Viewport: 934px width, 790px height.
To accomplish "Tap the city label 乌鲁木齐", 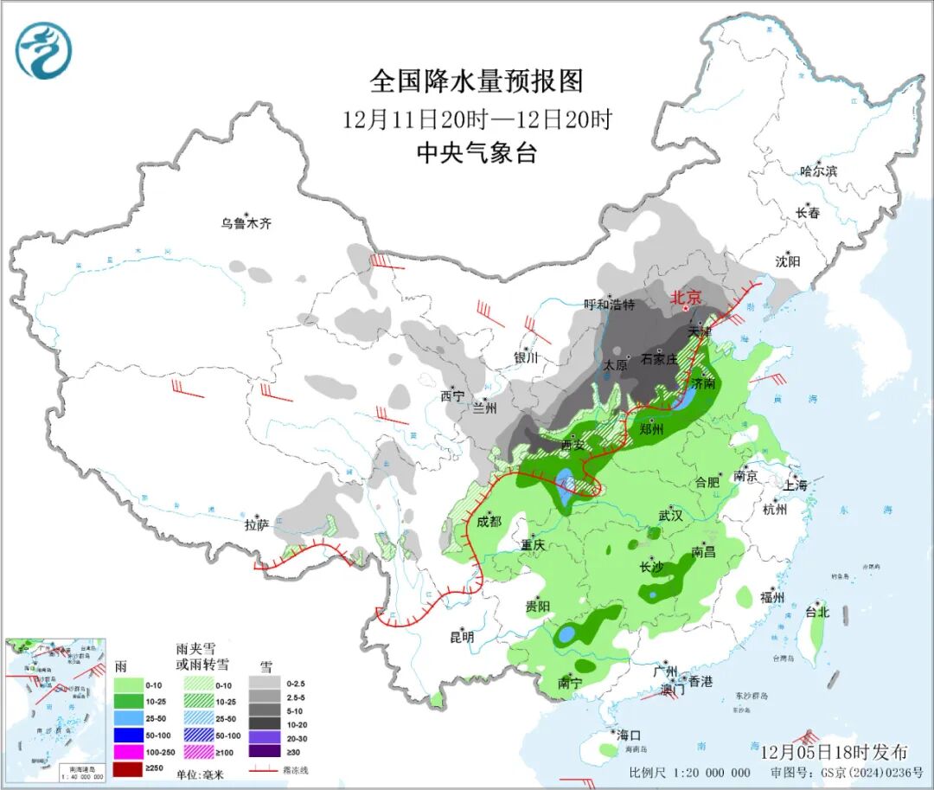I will click(x=246, y=223).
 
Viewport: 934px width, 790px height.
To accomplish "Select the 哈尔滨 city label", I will click(x=818, y=171).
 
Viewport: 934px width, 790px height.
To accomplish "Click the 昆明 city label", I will click(x=462, y=637).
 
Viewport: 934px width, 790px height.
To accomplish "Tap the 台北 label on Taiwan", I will click(x=816, y=612).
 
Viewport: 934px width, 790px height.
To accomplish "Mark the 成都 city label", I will click(x=489, y=521).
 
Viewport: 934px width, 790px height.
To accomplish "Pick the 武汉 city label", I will click(x=670, y=515).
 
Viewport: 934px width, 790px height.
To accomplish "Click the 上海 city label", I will click(x=795, y=485).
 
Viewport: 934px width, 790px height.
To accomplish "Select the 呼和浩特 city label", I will click(x=609, y=305).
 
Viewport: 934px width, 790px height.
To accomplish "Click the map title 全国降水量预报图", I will click(x=477, y=81).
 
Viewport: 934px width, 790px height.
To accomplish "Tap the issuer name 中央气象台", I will click(x=477, y=153).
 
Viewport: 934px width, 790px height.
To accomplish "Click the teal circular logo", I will click(x=43, y=50).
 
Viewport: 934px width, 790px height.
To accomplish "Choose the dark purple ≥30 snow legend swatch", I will click(x=267, y=753).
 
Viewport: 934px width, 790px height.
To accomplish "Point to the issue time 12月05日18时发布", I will click(x=834, y=751).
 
